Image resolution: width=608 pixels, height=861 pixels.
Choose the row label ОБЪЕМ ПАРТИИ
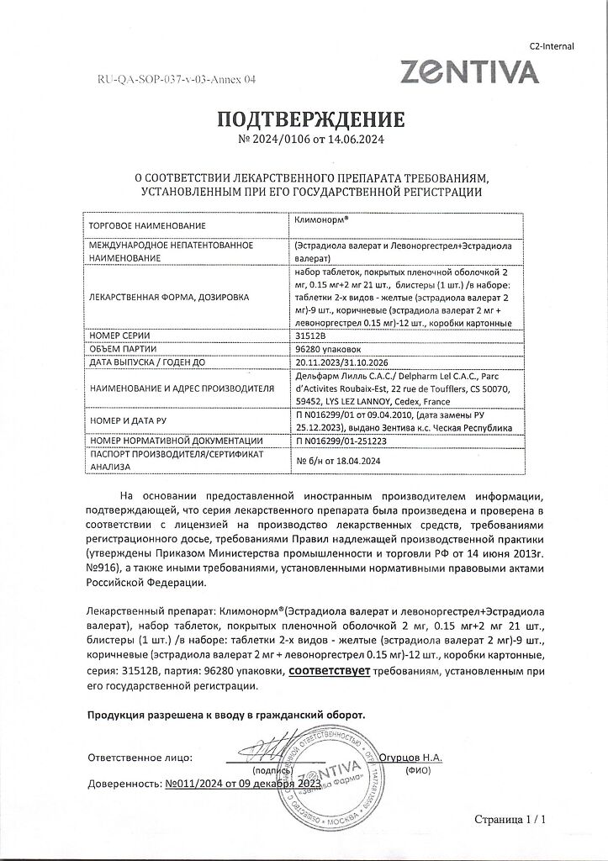[127, 349]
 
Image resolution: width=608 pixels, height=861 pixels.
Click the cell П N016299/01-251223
[346, 441]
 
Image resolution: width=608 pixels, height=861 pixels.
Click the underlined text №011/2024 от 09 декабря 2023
[243, 783]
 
